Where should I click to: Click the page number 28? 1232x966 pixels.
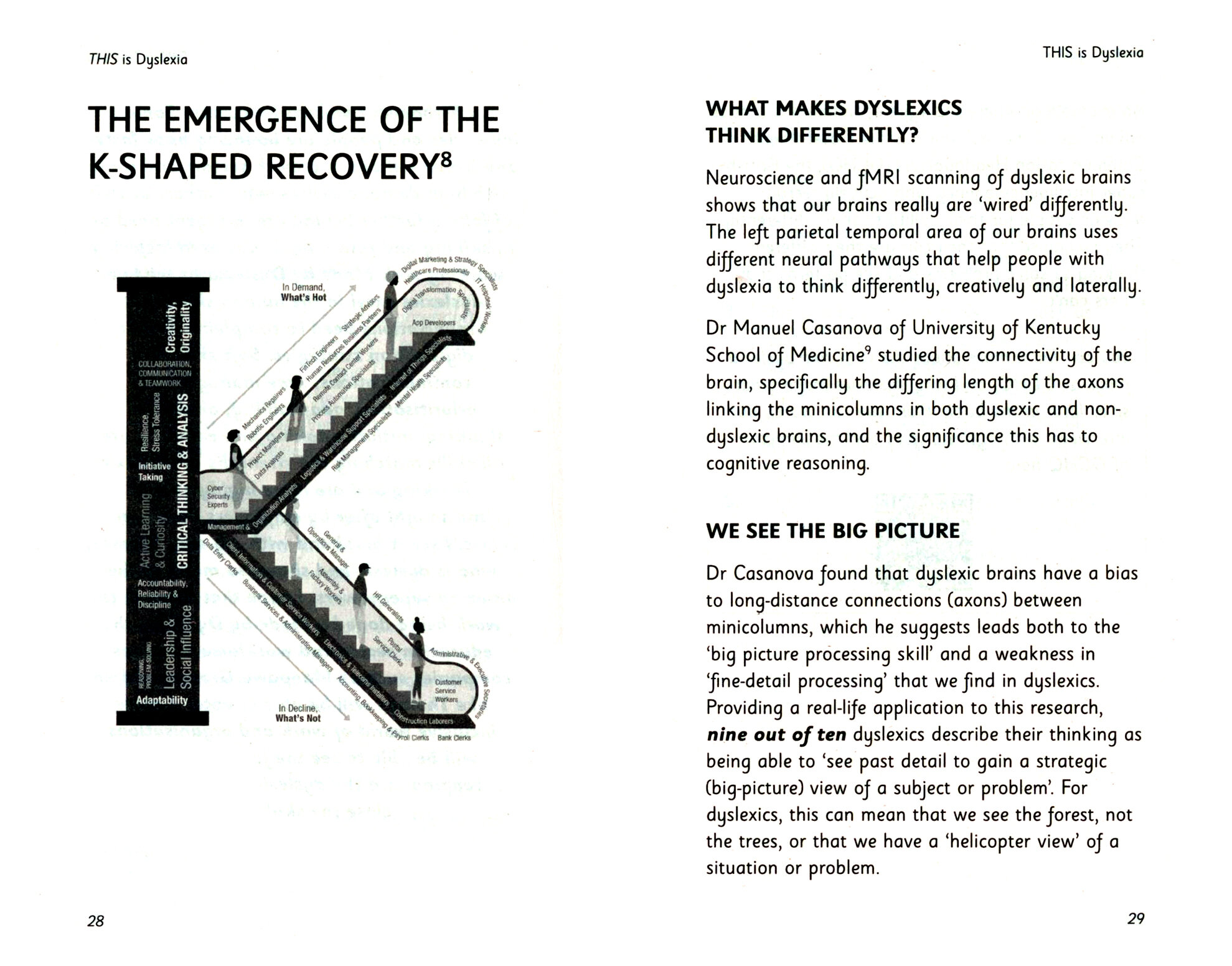tap(96, 921)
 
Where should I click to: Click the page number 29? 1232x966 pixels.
tap(1135, 919)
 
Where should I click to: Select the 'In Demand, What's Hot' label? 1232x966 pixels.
tap(303, 293)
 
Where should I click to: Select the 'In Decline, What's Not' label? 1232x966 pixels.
tap(299, 713)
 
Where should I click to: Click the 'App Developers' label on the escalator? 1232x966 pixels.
tap(434, 323)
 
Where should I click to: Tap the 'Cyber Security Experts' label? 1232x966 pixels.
tap(219, 497)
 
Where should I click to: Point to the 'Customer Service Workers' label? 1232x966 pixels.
tap(448, 691)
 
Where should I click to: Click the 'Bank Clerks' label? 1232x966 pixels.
tap(454, 738)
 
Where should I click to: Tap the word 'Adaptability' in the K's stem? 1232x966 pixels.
tap(162, 700)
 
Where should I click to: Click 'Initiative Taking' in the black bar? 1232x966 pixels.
tap(151, 472)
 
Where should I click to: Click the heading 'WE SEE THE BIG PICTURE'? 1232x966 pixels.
tap(832, 531)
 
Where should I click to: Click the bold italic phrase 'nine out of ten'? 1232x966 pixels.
tap(776, 735)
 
